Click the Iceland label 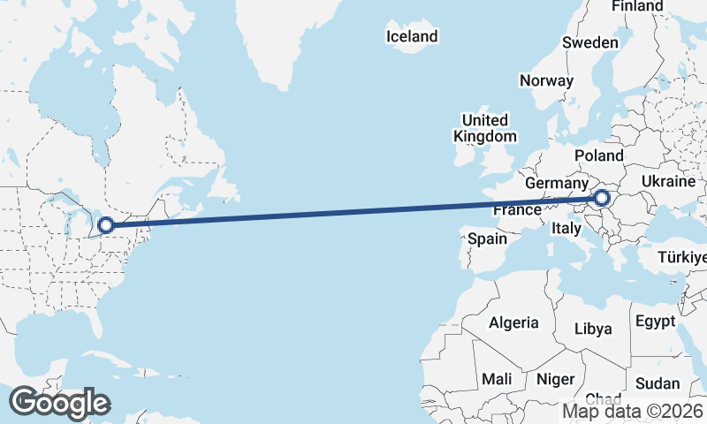412,36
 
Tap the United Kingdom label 484,128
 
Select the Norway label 546,80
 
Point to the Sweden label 589,42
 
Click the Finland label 637,6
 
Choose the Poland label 598,155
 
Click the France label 517,210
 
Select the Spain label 487,238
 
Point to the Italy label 566,228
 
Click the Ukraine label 668,181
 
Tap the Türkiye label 682,257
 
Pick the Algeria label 513,322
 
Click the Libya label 593,329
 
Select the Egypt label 655,321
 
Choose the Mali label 497,379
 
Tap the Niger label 556,379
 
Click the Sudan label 658,383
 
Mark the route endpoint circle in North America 105,225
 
